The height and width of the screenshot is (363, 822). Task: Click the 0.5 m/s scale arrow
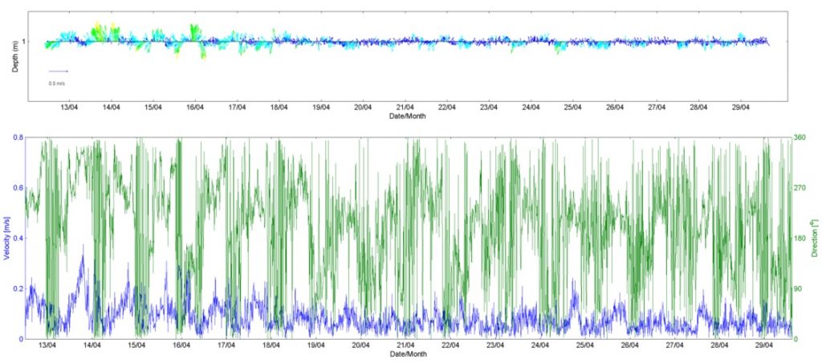[x=59, y=71]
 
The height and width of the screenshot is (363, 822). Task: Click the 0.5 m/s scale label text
[x=57, y=83]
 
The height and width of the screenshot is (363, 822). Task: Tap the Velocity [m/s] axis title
[x=6, y=239]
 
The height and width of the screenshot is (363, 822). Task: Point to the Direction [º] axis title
[x=814, y=239]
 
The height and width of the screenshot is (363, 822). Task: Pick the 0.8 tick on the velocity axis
[x=17, y=138]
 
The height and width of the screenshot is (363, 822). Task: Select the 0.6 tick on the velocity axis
[x=17, y=189]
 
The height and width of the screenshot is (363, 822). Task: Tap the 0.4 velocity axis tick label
[x=17, y=239]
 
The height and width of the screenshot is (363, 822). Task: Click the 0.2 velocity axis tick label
[x=17, y=289]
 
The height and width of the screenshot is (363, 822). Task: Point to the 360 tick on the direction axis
[x=800, y=138]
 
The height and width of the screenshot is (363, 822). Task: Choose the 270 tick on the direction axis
[x=800, y=189]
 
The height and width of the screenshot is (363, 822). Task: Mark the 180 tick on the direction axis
[x=800, y=239]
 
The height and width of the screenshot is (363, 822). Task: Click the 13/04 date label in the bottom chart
[x=47, y=346]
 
